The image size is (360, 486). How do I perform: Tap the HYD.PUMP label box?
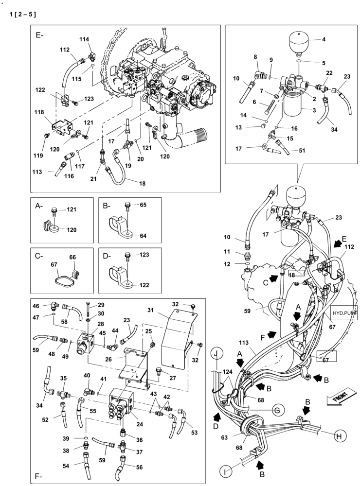point(344,314)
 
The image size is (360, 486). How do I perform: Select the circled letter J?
point(216,354)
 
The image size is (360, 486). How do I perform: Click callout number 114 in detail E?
point(85,40)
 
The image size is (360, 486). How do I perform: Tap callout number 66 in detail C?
point(72,257)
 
